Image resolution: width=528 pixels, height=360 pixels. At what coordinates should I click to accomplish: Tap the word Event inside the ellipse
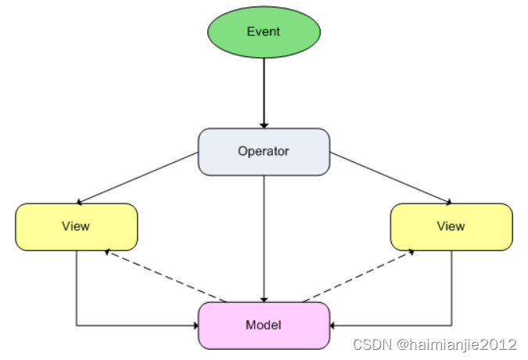(x=264, y=32)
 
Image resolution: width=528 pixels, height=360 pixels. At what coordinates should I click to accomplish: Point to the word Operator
(x=264, y=151)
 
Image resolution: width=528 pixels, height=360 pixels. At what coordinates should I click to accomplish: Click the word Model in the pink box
(x=264, y=325)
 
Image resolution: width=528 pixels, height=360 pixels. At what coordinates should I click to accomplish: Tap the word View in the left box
(x=76, y=226)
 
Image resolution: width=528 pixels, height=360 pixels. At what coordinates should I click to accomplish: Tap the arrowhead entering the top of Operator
(x=264, y=124)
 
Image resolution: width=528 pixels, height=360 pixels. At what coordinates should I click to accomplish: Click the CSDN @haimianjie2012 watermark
(x=435, y=344)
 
